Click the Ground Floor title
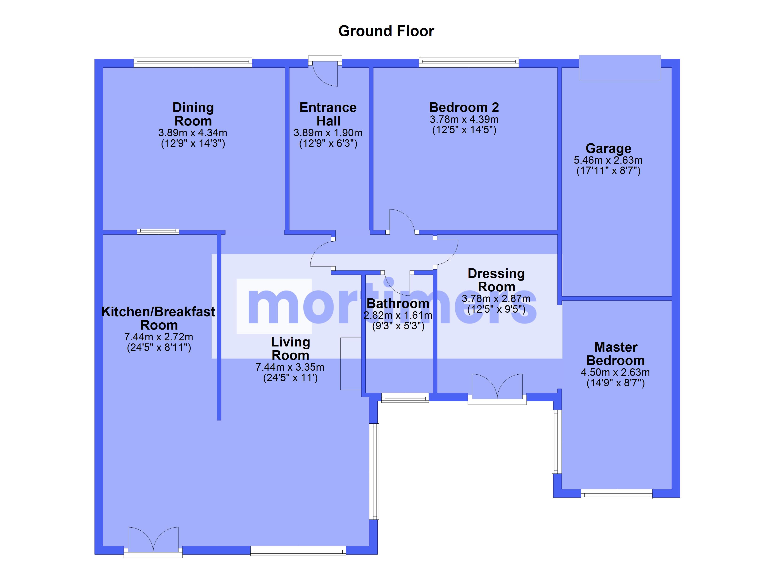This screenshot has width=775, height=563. tap(386, 31)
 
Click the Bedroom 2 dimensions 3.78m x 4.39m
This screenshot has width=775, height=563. tap(464, 119)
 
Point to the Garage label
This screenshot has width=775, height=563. tap(608, 148)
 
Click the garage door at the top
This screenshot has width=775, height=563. tap(620, 67)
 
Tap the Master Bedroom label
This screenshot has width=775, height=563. tap(616, 354)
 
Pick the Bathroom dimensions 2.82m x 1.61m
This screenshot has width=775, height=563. tap(398, 315)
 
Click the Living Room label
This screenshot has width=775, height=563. tap(291, 349)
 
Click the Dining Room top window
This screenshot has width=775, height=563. tap(193, 62)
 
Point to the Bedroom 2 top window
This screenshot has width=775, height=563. tap(469, 62)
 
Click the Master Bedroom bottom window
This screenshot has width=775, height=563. tap(616, 494)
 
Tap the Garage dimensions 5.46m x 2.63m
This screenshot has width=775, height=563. tap(608, 160)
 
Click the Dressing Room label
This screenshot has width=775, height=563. tap(496, 280)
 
